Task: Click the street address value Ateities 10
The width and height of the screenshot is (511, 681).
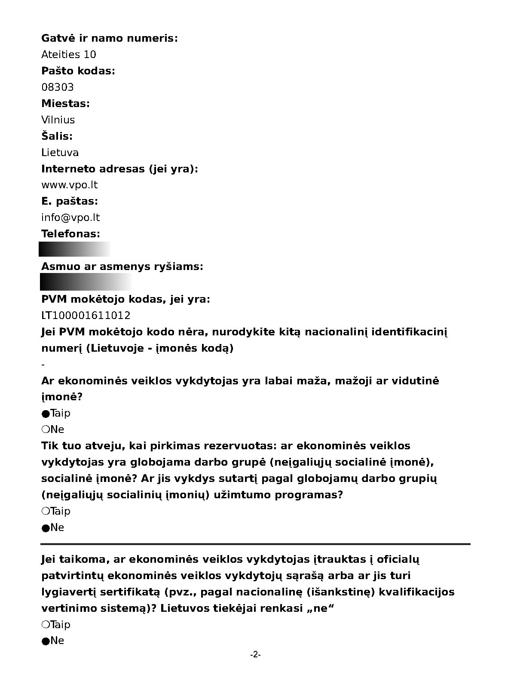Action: tap(69, 55)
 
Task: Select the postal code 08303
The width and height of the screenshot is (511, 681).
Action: tap(58, 87)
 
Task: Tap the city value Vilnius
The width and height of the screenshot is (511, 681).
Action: tap(58, 120)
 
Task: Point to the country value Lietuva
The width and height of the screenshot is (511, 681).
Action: tap(60, 153)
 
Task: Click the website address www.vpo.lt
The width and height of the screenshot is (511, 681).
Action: tap(70, 185)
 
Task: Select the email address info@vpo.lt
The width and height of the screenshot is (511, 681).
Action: tap(70, 218)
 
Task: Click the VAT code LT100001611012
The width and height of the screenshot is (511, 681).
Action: tap(86, 316)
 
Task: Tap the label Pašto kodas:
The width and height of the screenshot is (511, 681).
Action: tap(78, 71)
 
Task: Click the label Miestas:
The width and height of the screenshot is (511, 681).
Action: tap(65, 104)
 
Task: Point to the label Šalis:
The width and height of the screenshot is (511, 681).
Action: tap(57, 136)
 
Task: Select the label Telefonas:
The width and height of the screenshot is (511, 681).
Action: tap(70, 234)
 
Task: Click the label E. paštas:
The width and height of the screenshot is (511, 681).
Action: tap(70, 201)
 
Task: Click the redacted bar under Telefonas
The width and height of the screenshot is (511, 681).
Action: tap(75, 249)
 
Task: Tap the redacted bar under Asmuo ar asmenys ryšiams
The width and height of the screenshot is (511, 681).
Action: tap(86, 282)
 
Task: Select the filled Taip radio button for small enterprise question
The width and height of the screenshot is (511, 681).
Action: tap(46, 414)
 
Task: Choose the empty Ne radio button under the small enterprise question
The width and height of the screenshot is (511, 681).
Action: tap(46, 429)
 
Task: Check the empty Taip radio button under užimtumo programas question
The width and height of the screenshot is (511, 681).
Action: tap(46, 511)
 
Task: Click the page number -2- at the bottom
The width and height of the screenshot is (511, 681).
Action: tap(256, 655)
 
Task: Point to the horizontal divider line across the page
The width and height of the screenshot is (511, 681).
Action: tap(256, 544)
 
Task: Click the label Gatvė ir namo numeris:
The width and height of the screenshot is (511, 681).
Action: tap(110, 38)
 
